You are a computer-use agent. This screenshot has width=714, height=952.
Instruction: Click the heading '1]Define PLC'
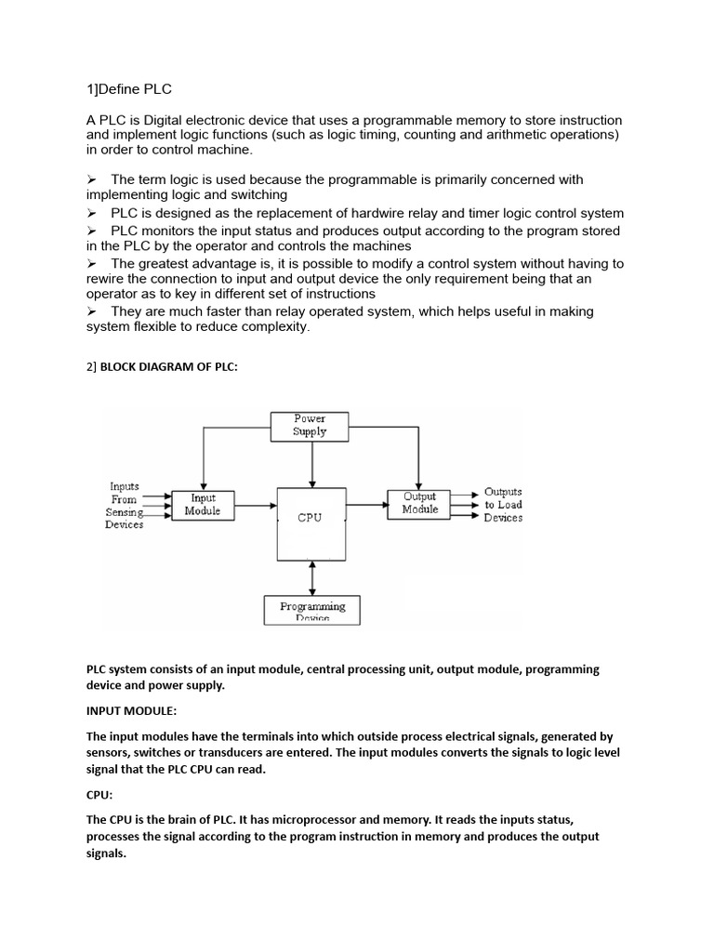tap(129, 89)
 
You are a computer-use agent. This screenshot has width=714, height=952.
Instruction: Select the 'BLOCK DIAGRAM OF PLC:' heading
tap(168, 366)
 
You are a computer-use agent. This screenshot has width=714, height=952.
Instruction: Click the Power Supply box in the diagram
tap(310, 426)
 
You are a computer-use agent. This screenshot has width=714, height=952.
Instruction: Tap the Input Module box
tap(203, 505)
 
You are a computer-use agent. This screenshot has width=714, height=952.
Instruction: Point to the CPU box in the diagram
tap(310, 519)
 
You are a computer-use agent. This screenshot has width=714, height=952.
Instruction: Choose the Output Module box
tap(419, 503)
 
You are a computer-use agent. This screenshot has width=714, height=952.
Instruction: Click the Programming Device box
tap(312, 610)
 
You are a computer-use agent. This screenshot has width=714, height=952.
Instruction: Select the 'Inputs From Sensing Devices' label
tap(125, 505)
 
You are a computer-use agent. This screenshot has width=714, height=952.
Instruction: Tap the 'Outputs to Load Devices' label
tap(503, 505)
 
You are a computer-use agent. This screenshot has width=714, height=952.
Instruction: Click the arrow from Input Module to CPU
tap(256, 505)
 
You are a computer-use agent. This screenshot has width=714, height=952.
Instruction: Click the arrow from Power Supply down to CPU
tap(313, 464)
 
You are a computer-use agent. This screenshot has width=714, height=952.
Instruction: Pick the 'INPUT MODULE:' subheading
tap(131, 710)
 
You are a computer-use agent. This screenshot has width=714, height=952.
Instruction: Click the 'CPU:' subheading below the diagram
tap(101, 796)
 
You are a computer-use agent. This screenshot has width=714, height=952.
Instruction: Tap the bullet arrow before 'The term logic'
tap(92, 179)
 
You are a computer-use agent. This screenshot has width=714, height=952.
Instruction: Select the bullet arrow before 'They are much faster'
tap(92, 311)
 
